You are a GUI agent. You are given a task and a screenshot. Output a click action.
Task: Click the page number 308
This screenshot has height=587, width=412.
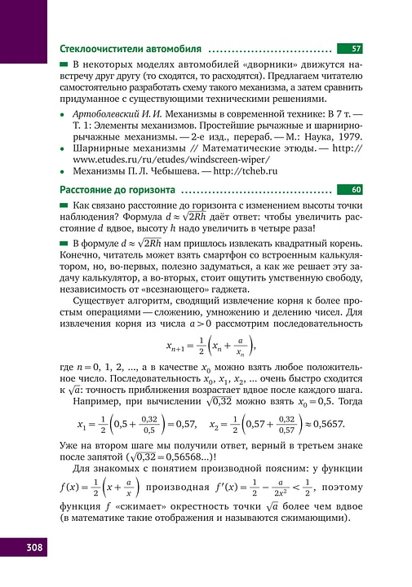[x=24, y=569]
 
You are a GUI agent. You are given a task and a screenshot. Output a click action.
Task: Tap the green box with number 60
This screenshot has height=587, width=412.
[x=356, y=189]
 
